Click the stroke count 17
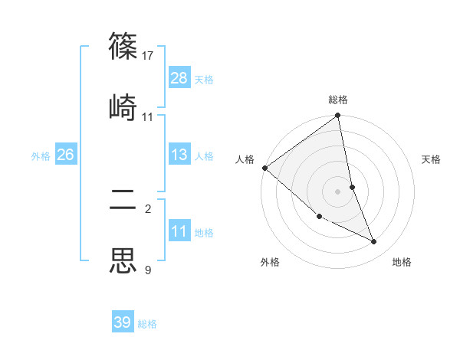[x=149, y=56]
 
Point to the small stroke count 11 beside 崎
[x=148, y=116]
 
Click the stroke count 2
[x=148, y=208]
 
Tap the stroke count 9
[x=148, y=270]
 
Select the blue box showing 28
[x=179, y=77]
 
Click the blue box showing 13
[x=179, y=155]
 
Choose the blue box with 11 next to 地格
[x=179, y=232]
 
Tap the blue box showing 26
[x=65, y=155]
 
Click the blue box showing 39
[x=123, y=322]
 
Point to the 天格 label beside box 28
[x=204, y=79]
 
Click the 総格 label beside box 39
[x=147, y=324]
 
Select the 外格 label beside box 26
[x=41, y=156]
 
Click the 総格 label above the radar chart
[x=338, y=100]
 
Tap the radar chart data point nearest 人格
[x=264, y=168]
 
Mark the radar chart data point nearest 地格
[x=374, y=242]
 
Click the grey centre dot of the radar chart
[x=338, y=191]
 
